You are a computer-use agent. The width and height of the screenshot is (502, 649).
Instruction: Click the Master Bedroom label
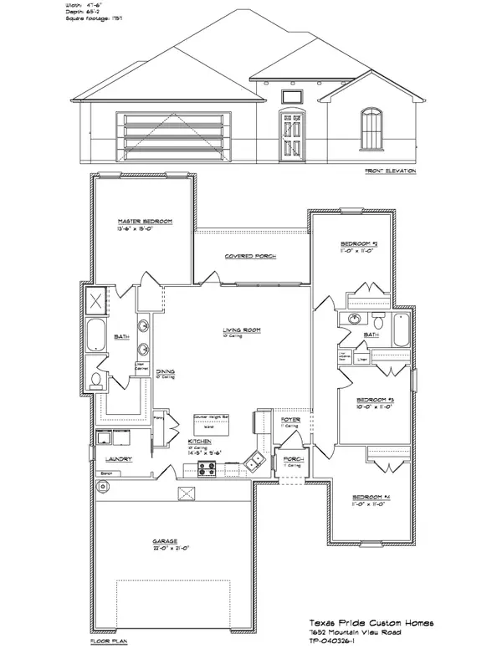coord(145,221)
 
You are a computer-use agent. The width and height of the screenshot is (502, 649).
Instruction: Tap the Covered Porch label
coord(250,256)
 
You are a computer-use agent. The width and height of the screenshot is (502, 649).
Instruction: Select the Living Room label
coord(242,330)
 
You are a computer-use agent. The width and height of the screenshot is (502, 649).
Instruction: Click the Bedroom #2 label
coord(364,244)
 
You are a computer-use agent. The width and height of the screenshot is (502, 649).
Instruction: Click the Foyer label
coord(290,421)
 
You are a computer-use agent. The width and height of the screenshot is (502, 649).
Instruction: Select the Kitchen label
coord(198,441)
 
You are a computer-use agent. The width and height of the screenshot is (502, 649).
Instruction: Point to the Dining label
coord(165,370)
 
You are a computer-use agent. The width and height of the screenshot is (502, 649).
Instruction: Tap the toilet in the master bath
coord(95,381)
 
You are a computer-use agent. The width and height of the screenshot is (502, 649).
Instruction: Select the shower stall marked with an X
coord(97,299)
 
